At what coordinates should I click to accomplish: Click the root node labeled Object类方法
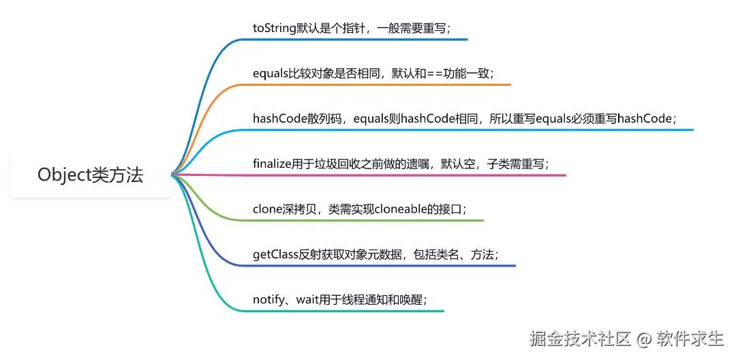(90, 175)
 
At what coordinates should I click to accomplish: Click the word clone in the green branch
(268, 209)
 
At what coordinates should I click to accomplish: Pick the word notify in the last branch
(267, 299)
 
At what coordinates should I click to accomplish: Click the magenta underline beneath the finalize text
(409, 175)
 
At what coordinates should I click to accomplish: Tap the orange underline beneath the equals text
(382, 85)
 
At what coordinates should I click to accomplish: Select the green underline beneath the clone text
(368, 220)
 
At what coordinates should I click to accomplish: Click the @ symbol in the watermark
(645, 337)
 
